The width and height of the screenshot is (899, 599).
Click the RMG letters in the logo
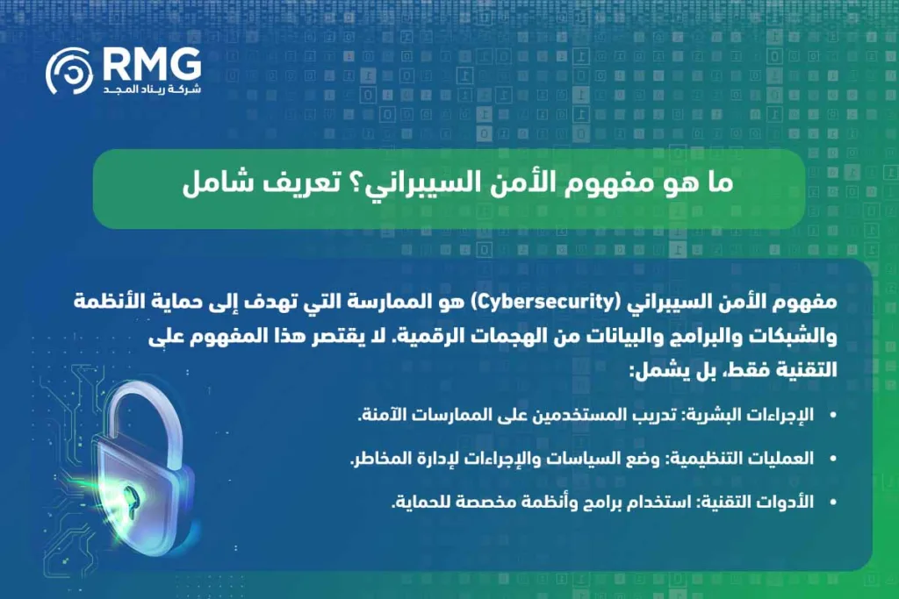(152, 63)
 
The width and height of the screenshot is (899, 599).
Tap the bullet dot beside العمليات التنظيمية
(832, 459)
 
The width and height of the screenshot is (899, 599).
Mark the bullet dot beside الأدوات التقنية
(832, 503)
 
